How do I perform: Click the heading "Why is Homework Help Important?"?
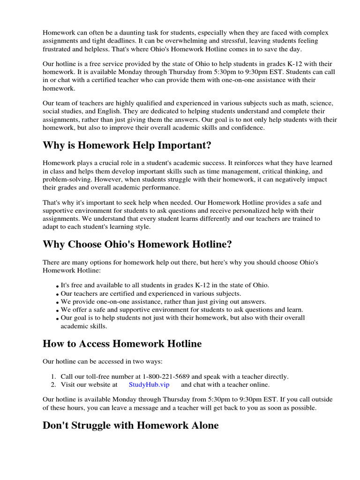(x=127, y=145)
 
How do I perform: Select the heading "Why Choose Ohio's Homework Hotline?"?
(x=137, y=244)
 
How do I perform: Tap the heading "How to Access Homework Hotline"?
(x=122, y=344)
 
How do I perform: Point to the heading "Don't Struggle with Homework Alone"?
(x=130, y=426)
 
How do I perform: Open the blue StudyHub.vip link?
(x=149, y=385)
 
